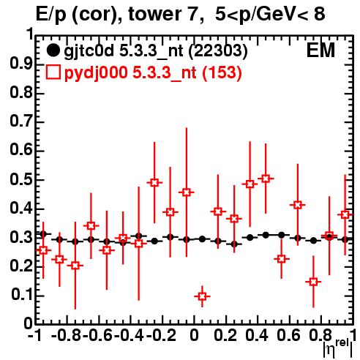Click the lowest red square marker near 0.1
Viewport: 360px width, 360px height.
click(x=202, y=296)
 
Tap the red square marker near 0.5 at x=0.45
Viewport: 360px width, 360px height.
click(x=266, y=179)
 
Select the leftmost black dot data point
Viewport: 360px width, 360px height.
click(x=43, y=234)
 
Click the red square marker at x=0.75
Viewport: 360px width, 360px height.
click(x=313, y=282)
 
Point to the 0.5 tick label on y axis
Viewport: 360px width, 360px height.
click(x=21, y=180)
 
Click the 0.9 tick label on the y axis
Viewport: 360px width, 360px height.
click(x=21, y=64)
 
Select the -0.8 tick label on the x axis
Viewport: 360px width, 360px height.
click(x=66, y=336)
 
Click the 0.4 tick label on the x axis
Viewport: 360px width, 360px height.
click(x=257, y=336)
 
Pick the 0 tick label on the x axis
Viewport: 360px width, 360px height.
click(x=194, y=336)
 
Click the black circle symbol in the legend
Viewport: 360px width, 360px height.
click(x=53, y=50)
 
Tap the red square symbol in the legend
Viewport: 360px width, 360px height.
click(x=53, y=72)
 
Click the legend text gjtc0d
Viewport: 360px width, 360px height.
click(x=89, y=51)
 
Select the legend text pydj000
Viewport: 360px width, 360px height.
click(x=96, y=73)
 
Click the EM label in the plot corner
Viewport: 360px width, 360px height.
click(x=320, y=50)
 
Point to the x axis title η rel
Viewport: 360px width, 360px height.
click(x=337, y=349)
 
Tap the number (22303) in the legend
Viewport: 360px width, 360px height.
click(x=218, y=51)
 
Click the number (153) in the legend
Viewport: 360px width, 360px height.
click(x=222, y=73)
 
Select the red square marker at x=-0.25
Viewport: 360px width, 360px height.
click(x=154, y=182)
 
